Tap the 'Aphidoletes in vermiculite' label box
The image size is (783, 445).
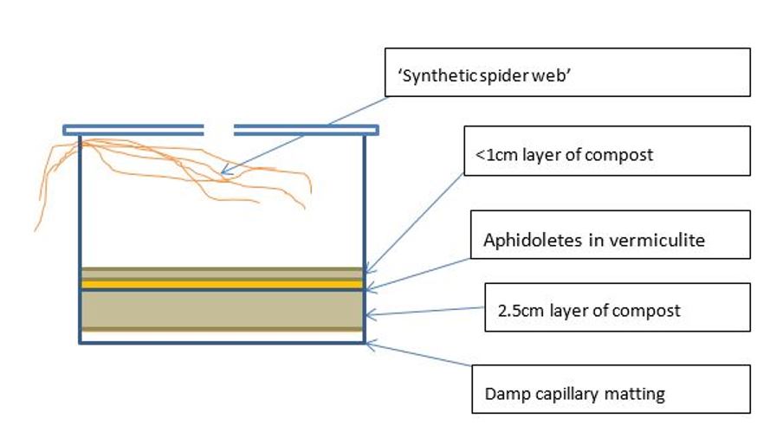tap(610, 234)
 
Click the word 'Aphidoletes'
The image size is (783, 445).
tap(526, 241)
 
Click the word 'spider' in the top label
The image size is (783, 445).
tap(502, 76)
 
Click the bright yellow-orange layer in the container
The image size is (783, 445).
tap(221, 284)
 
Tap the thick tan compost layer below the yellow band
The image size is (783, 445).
tap(221, 308)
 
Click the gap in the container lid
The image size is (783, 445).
tap(219, 130)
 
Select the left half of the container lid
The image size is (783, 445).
tap(133, 130)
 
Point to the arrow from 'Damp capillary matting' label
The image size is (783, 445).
tap(419, 359)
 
